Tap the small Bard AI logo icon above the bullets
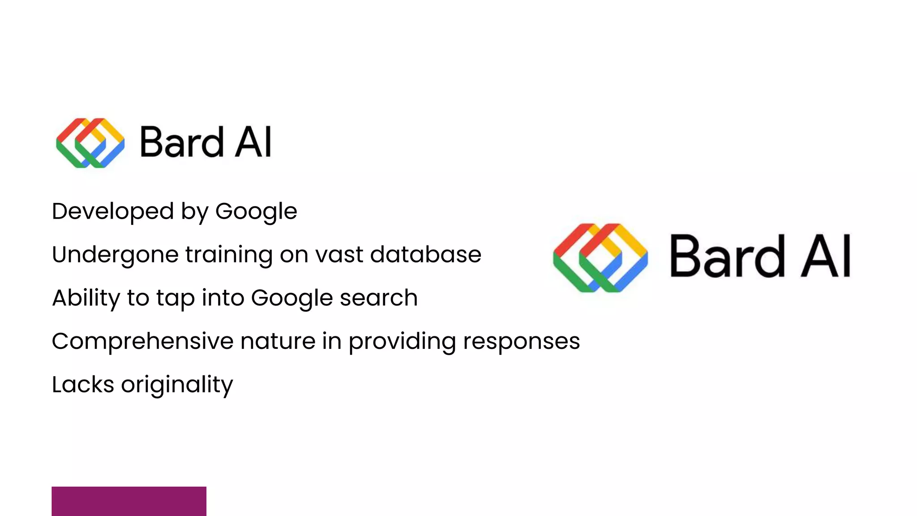[90, 143]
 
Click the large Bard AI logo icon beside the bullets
[600, 258]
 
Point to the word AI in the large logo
[826, 256]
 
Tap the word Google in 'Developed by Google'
[256, 211]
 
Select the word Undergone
[115, 255]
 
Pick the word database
[425, 254]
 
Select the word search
[379, 298]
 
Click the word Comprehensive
[142, 341]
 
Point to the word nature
[278, 341]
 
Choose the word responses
[521, 341]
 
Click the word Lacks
[83, 384]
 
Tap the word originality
[177, 385]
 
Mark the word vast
[339, 254]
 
